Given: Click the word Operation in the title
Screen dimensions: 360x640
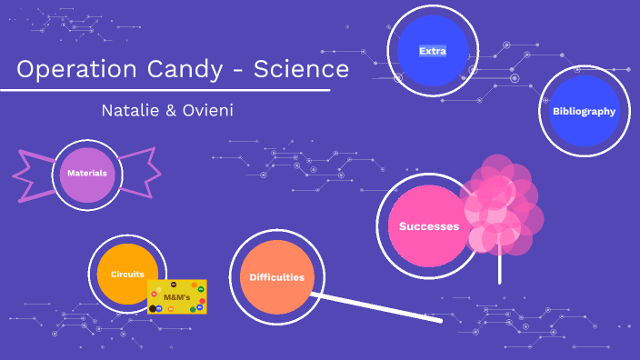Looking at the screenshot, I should [75, 69].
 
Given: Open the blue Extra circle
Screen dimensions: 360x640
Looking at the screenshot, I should [432, 51].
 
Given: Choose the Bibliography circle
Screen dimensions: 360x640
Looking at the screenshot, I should [584, 112].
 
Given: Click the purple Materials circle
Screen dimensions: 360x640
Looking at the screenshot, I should [87, 174].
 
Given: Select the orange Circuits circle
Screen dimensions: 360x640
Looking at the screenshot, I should [127, 275].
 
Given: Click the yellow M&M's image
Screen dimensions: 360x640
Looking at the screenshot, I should [177, 297].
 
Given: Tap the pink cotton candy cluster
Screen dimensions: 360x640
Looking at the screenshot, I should [502, 205].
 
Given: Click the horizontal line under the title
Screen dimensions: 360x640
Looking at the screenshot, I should [164, 91].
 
